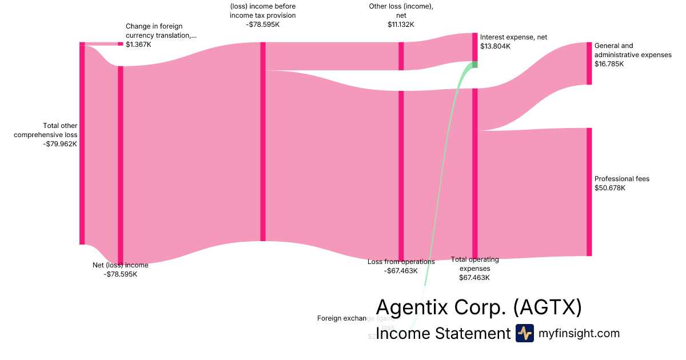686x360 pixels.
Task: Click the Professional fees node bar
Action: click(589, 191)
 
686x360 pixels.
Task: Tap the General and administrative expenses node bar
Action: click(589, 63)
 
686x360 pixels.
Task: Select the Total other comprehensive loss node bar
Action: click(82, 143)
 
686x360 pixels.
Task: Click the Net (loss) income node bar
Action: click(120, 165)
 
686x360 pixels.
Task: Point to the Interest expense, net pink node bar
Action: click(474, 47)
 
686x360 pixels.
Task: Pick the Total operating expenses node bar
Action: click(474, 174)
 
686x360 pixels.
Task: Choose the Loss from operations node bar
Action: click(401, 175)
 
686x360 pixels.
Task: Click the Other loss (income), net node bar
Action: click(401, 56)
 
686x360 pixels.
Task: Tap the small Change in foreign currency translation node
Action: click(120, 44)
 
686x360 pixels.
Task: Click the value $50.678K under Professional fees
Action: click(610, 187)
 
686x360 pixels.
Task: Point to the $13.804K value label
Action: click(495, 46)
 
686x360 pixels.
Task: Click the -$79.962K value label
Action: click(60, 144)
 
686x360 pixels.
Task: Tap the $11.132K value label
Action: click(400, 25)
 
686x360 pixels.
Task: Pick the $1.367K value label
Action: click(138, 45)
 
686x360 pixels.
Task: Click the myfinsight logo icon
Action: click(524, 333)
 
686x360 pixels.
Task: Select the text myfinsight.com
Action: click(579, 333)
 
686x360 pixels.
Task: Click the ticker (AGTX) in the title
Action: click(547, 307)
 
